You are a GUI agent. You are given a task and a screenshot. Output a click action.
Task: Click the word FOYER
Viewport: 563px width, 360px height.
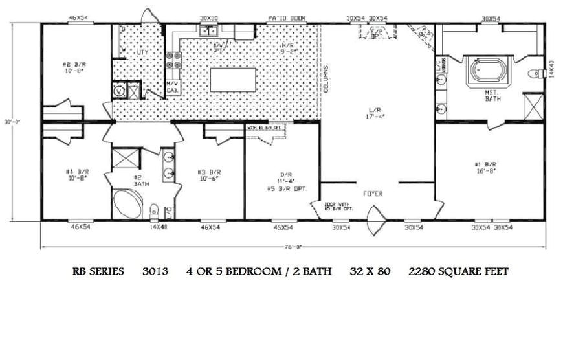click(372, 194)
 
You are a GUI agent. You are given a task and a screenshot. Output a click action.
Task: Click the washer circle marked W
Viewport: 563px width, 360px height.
click(118, 91)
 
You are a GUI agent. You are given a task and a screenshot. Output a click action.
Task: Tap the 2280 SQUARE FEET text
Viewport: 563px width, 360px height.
click(458, 272)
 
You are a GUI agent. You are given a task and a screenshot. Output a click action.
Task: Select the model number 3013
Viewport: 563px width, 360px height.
click(155, 272)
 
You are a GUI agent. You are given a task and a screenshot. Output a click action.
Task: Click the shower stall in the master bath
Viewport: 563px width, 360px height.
click(533, 105)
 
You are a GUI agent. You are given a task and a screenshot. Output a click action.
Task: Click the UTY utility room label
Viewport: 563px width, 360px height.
click(142, 51)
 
